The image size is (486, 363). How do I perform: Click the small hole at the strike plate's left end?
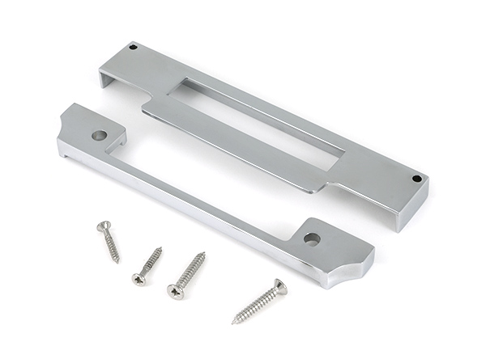(134, 48)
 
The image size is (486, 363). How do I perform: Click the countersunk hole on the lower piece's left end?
(100, 135)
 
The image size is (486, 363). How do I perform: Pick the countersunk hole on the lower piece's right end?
(311, 238)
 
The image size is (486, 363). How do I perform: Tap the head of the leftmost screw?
(103, 227)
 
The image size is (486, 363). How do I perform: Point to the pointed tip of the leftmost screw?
(118, 262)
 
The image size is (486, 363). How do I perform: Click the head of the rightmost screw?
(278, 286)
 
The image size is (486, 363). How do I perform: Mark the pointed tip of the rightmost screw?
(233, 323)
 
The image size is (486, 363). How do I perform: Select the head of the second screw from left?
(139, 279)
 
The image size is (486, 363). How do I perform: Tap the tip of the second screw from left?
(161, 248)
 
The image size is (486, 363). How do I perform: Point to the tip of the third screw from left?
(204, 253)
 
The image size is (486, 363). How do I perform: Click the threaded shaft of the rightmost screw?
(254, 305)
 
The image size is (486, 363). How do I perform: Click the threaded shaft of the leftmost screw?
(111, 245)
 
